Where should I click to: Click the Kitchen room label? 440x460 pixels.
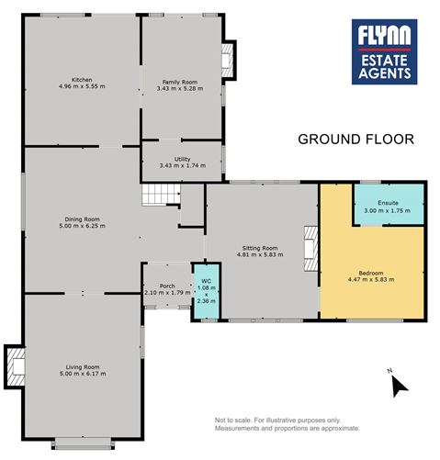(82, 80)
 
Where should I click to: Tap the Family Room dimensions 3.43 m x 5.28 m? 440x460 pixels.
(180, 89)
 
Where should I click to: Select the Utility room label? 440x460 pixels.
(183, 159)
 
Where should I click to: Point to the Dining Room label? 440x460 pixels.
(82, 219)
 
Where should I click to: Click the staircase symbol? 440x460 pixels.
(161, 195)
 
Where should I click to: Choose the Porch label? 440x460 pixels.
(167, 286)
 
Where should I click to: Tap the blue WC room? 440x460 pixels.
(206, 291)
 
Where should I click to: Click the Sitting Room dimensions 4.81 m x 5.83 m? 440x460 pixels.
(260, 254)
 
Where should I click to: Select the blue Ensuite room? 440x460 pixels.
(389, 204)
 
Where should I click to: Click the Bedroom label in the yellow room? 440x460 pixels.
(371, 273)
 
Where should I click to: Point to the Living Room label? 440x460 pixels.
(83, 367)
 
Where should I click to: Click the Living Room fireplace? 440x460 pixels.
(15, 367)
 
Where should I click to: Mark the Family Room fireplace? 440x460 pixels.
(229, 61)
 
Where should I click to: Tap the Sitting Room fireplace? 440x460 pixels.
(311, 249)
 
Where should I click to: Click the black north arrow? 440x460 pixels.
(400, 387)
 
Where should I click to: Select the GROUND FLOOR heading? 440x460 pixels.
(356, 140)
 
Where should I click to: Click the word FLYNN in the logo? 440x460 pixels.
(384, 35)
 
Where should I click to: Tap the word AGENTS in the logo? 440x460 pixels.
(385, 73)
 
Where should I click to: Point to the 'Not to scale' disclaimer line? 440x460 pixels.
(277, 421)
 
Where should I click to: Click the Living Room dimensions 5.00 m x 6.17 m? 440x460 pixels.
(83, 374)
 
